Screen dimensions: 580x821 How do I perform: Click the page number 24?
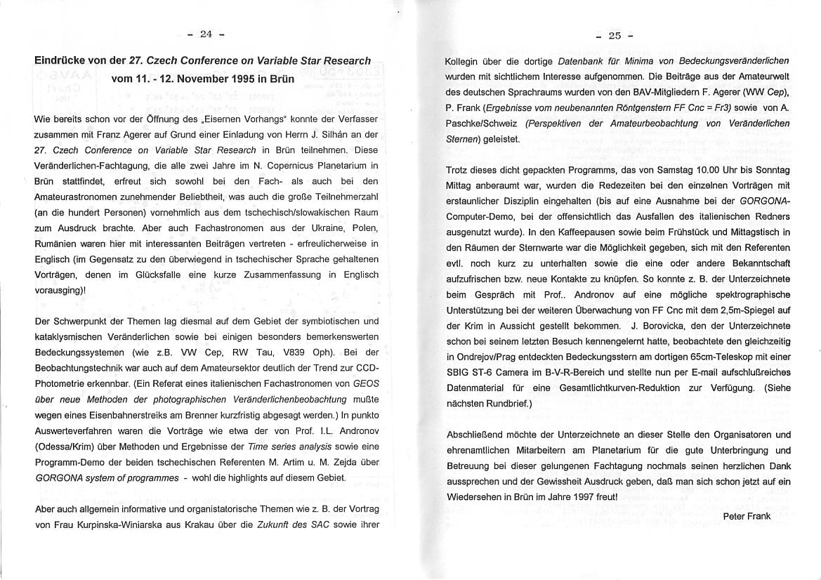tap(206, 33)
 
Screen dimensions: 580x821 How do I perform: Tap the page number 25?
tap(615, 36)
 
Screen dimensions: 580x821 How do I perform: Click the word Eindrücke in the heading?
tap(60, 61)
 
